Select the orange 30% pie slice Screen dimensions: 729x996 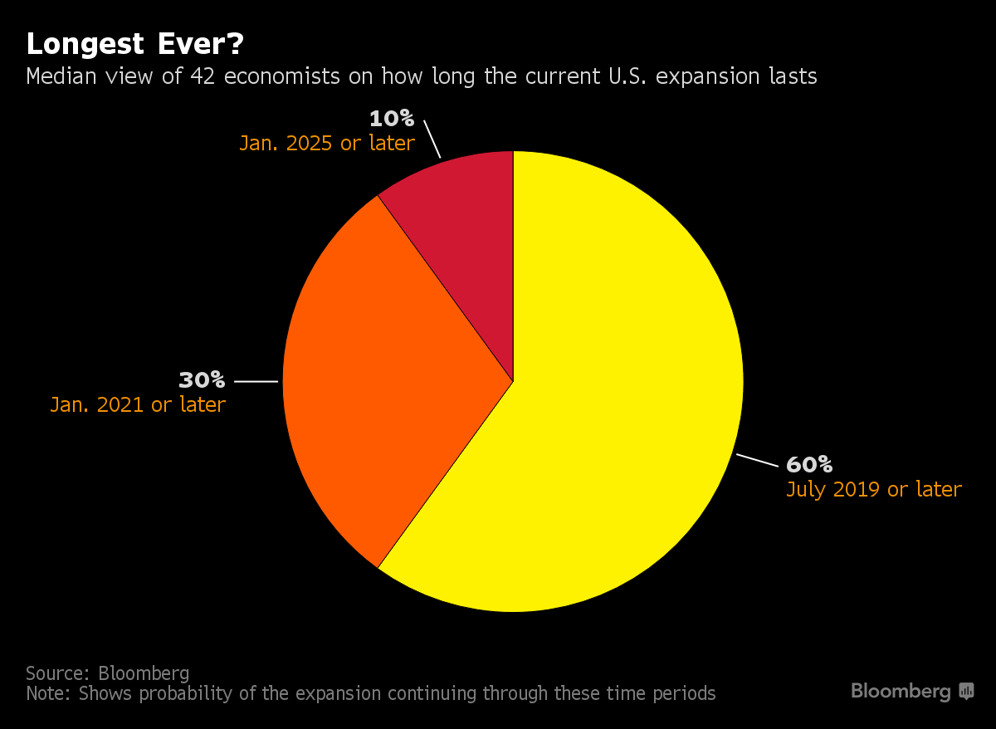point(390,374)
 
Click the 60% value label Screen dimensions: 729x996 point(809,464)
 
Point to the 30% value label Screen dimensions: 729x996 point(202,380)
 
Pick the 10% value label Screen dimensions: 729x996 point(392,118)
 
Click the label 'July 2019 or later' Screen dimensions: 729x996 point(873,489)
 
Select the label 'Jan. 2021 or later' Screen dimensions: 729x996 point(138,405)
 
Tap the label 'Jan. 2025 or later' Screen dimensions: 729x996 point(327,143)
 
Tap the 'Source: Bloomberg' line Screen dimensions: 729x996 point(107,673)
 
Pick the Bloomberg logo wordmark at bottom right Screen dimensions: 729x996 point(901,691)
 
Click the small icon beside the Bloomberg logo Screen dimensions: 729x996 point(966,691)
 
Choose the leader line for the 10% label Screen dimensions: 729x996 point(432,139)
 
